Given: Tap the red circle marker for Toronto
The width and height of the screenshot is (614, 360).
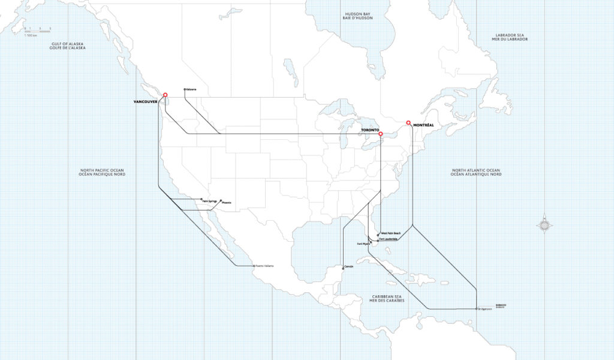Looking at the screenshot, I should click(381, 134).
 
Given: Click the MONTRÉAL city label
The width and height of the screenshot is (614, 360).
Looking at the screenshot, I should click(424, 125).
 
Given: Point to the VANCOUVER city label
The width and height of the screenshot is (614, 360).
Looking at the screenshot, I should click(145, 102).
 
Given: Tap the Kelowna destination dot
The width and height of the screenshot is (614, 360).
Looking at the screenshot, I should click(185, 90).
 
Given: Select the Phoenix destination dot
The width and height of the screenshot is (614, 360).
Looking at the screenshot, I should click(220, 200).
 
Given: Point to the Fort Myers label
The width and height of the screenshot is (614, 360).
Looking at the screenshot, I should click(363, 244).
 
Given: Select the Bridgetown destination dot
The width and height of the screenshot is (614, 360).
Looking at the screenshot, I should click(477, 309).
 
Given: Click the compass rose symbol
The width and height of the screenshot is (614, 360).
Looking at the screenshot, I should click(544, 226).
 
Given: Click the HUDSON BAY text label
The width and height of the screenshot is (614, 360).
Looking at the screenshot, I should click(359, 16).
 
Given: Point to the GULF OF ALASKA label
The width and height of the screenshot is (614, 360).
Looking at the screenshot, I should click(68, 46).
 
